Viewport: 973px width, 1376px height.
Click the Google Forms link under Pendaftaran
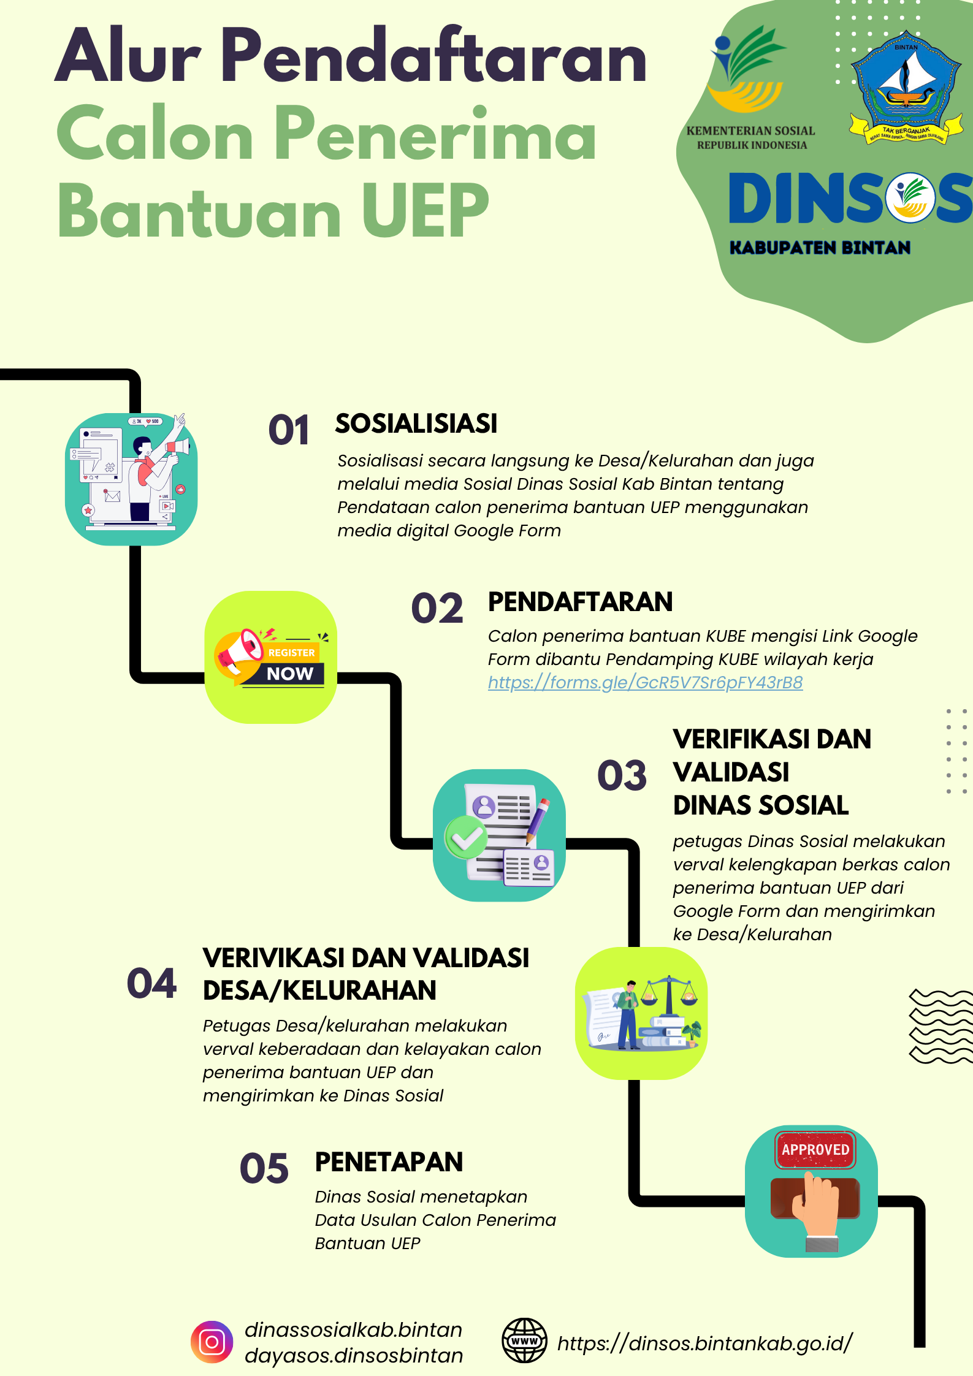tap(645, 682)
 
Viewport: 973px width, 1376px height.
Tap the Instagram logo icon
tap(212, 1342)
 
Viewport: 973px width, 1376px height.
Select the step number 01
tap(289, 430)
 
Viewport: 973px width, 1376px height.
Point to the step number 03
tap(622, 775)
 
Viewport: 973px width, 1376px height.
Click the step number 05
tap(264, 1168)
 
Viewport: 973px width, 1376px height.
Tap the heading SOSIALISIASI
tap(416, 424)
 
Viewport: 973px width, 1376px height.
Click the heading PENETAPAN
tap(389, 1162)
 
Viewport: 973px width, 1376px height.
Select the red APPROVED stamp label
tap(815, 1149)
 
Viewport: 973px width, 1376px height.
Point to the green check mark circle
tap(466, 837)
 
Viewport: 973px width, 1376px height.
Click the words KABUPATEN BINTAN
tap(820, 248)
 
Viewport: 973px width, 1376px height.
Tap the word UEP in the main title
tap(425, 210)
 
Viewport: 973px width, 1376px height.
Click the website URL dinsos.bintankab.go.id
tap(705, 1343)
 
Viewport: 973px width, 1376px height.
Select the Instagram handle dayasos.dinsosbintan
tap(354, 1355)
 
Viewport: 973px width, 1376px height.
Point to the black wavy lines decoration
tap(941, 1026)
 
